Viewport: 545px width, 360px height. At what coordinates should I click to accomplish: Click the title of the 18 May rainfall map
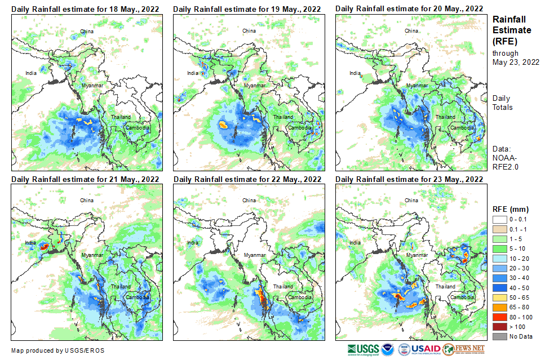85,9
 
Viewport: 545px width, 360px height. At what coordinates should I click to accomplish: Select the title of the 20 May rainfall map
409,8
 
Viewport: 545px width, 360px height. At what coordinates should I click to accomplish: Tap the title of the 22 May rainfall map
247,179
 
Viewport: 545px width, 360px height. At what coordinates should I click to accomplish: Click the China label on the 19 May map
249,30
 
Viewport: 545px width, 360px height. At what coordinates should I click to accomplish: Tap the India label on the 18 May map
31,73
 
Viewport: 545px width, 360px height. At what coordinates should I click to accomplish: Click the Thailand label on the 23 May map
445,287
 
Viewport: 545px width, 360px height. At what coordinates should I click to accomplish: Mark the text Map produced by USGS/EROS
57,350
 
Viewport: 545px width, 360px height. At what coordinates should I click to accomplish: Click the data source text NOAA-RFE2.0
506,163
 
